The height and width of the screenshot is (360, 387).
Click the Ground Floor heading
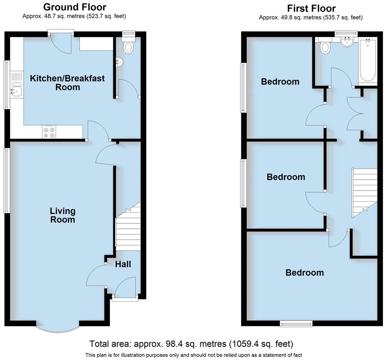click(x=75, y=7)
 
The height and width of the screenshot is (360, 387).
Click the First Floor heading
click(x=311, y=8)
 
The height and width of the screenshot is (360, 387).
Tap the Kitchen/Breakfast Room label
click(x=67, y=83)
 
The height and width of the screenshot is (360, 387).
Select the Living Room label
click(x=63, y=215)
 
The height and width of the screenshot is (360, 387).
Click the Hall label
click(x=123, y=264)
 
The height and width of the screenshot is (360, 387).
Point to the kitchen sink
click(x=16, y=90)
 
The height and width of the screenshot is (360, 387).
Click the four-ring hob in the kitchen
click(x=49, y=132)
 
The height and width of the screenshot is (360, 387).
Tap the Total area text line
click(x=191, y=344)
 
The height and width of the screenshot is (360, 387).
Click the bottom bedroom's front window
click(x=296, y=323)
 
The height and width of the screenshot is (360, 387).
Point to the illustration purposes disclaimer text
click(x=193, y=355)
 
